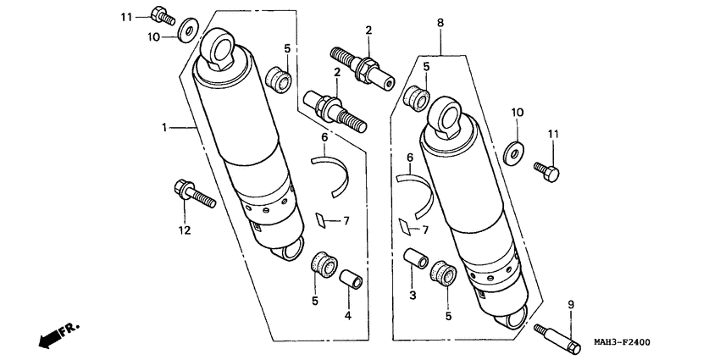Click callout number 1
[x=166, y=127]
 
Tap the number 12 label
[x=184, y=230]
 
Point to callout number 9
[x=571, y=304]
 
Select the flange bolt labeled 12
[x=192, y=194]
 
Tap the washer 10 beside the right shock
[x=512, y=153]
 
